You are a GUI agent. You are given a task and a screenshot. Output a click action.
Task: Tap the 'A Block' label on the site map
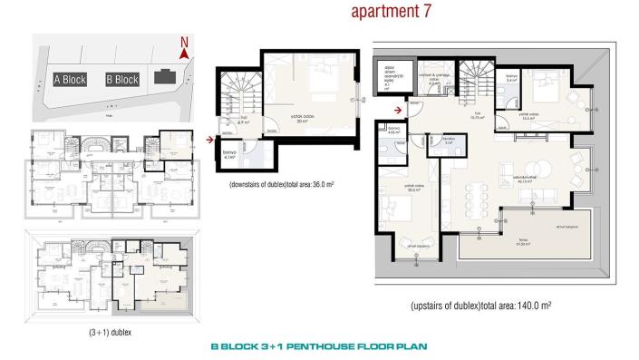pyautogui.click(x=70, y=80)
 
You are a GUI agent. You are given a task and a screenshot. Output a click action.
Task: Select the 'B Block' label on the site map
pyautogui.click(x=122, y=80)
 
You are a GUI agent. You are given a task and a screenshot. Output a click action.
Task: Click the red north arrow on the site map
pyautogui.click(x=184, y=54)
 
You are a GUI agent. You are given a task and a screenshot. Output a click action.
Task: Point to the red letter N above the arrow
pyautogui.click(x=184, y=42)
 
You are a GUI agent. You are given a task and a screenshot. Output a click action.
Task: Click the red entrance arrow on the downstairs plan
pyautogui.click(x=210, y=140)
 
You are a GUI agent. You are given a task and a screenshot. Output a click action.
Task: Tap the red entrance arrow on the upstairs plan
pyautogui.click(x=397, y=112)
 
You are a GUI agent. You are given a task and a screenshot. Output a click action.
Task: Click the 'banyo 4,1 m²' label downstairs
pyautogui.click(x=230, y=156)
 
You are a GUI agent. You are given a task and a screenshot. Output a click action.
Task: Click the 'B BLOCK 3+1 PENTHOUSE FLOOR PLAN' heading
pyautogui.click(x=318, y=346)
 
